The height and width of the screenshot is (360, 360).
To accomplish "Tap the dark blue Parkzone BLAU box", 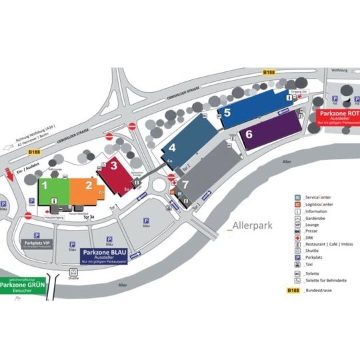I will (x=103, y=257).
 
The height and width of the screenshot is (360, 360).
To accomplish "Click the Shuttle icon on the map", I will (x=73, y=273).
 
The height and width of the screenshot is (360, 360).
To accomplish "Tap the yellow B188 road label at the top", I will (x=268, y=72).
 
